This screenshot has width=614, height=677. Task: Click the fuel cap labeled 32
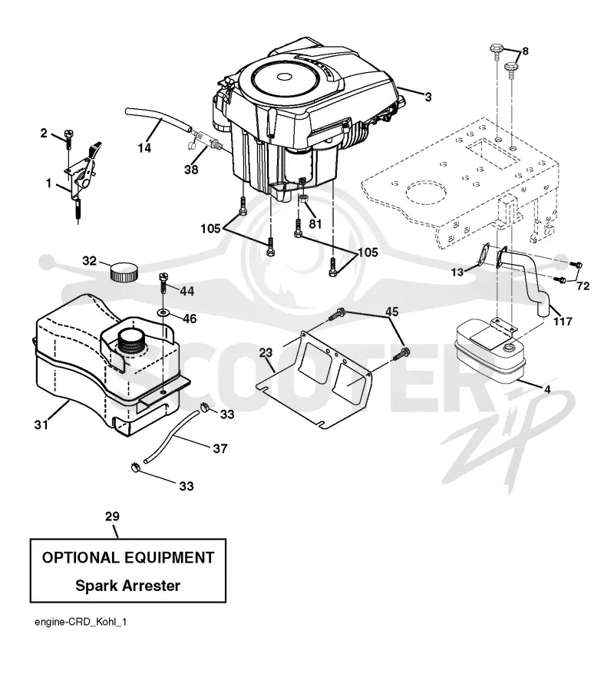[x=125, y=272]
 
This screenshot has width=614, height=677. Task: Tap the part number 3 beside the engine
[x=428, y=97]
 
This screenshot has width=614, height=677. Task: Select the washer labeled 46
[x=163, y=312]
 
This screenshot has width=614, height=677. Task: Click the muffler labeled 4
[x=490, y=351]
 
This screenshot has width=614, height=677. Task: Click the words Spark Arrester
[x=127, y=586]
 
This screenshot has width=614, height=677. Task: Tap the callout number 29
[x=112, y=517]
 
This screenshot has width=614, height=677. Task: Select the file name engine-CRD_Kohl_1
[x=81, y=623]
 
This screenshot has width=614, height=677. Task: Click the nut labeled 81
[x=303, y=199]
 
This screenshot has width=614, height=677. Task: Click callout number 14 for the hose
[x=144, y=147]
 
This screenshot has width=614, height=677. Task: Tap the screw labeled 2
[x=68, y=137]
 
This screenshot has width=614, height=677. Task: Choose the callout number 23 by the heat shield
[x=266, y=353]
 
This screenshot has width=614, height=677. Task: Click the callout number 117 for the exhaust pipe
[x=563, y=321]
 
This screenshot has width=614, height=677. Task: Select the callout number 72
[x=583, y=286]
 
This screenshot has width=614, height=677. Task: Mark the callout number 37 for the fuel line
[x=220, y=448]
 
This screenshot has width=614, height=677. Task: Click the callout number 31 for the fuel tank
[x=41, y=425]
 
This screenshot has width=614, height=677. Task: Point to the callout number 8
[x=525, y=51]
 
